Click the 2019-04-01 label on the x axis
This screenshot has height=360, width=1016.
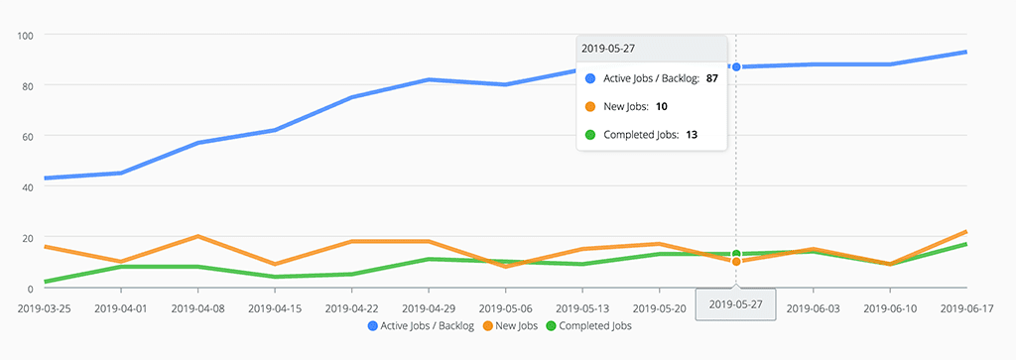121,307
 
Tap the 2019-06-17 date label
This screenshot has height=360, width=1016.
968,307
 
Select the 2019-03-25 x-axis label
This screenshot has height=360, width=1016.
46,307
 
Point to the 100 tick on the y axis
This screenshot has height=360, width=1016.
27,35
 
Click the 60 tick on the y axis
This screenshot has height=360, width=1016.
29,136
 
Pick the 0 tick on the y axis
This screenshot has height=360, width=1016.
33,288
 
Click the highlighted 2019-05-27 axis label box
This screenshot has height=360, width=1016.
735,305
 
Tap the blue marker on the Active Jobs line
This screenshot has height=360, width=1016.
735,66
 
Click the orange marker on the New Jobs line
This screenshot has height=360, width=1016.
735,261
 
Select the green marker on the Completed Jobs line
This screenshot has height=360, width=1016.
735,254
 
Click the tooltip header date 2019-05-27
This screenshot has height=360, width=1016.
607,48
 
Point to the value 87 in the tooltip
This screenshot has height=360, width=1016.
711,77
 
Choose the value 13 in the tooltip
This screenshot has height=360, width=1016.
691,134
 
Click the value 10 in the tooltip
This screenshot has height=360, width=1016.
662,106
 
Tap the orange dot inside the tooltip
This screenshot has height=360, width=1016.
590,106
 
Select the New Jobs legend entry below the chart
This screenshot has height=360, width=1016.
511,325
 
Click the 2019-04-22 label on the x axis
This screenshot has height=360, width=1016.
353,307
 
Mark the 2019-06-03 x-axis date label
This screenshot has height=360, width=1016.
814,307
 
